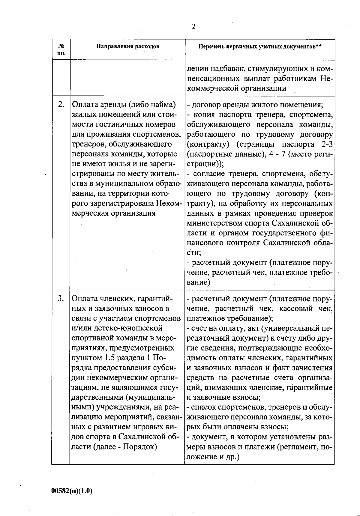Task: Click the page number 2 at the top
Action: coord(193,27)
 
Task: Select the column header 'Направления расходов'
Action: coord(128,46)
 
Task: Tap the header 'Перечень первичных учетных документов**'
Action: coord(260,46)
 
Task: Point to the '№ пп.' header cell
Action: coord(61,49)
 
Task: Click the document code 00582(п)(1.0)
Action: coord(72,491)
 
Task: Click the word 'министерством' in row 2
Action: coord(213,223)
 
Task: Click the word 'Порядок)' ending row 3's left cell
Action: coord(140,447)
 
